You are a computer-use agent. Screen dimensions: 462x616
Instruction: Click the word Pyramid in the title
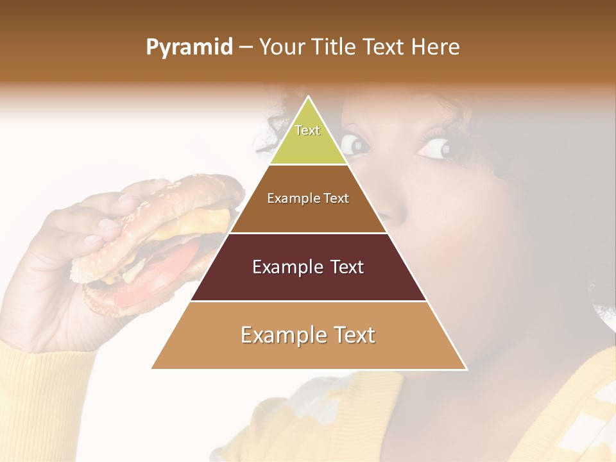pyautogui.click(x=189, y=47)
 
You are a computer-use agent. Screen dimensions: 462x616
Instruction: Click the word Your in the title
pyautogui.click(x=281, y=47)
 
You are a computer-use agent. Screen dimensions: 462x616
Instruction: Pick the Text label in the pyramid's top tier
pyautogui.click(x=307, y=130)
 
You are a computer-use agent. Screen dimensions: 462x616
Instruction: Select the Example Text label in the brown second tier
pyautogui.click(x=308, y=198)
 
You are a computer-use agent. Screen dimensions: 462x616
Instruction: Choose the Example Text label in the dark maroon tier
pyautogui.click(x=308, y=267)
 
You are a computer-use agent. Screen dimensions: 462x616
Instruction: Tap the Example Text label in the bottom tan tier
pyautogui.click(x=308, y=335)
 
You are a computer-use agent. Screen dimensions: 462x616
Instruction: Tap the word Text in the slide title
pyautogui.click(x=385, y=47)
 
